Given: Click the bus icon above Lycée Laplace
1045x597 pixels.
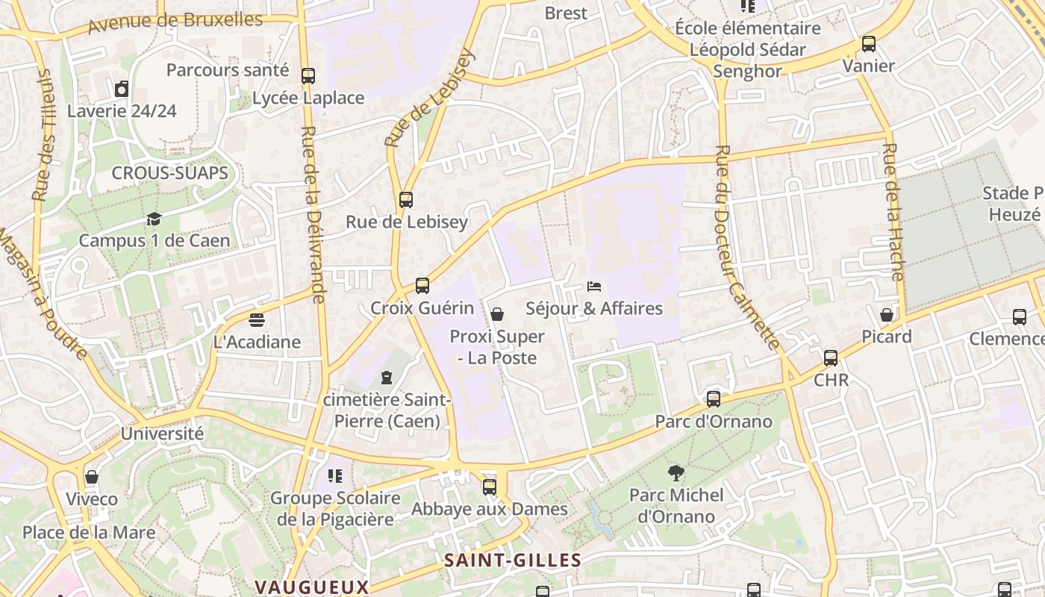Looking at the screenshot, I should (x=308, y=75).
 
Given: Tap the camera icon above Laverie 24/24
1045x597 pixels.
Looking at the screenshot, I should (x=122, y=90).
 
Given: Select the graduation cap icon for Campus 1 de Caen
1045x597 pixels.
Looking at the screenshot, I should (x=154, y=219).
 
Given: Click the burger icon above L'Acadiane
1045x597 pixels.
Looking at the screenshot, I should (x=257, y=320).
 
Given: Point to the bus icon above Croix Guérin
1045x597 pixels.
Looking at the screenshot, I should (x=422, y=286).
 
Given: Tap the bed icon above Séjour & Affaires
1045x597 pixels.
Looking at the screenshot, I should (x=594, y=287).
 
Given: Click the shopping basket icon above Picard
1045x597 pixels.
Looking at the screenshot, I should (x=887, y=315).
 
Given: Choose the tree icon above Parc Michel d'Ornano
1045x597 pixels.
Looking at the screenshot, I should (x=676, y=472).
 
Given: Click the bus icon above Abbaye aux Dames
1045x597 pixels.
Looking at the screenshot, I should (x=490, y=487).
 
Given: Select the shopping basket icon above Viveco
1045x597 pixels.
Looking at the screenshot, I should (x=92, y=477).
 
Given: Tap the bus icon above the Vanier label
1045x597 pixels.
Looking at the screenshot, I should (x=868, y=44).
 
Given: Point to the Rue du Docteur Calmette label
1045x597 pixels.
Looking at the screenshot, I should (x=746, y=246).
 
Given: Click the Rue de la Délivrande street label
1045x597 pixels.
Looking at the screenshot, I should (x=313, y=214).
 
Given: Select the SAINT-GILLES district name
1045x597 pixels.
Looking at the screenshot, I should (x=512, y=560).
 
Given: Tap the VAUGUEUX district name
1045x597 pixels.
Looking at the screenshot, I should (x=312, y=587).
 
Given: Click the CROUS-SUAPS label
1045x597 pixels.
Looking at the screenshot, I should (x=169, y=173).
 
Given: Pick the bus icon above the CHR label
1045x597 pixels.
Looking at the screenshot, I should (x=831, y=358).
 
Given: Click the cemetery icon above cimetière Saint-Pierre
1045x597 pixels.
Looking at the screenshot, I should (x=387, y=378).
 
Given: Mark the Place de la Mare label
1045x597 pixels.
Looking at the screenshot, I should (x=89, y=532).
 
